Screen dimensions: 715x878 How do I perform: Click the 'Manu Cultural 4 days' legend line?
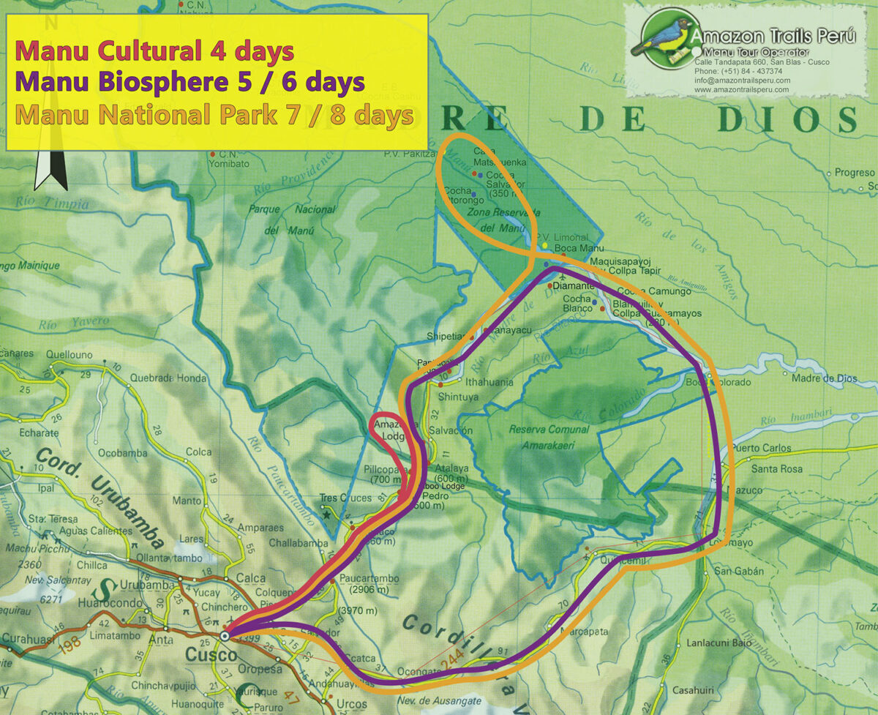click(x=154, y=51)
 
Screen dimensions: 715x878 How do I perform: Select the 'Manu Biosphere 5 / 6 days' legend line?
click(x=190, y=83)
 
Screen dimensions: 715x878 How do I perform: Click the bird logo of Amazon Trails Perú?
click(x=662, y=38)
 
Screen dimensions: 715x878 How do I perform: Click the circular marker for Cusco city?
click(x=225, y=636)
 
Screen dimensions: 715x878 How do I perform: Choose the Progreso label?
click(x=855, y=173)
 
